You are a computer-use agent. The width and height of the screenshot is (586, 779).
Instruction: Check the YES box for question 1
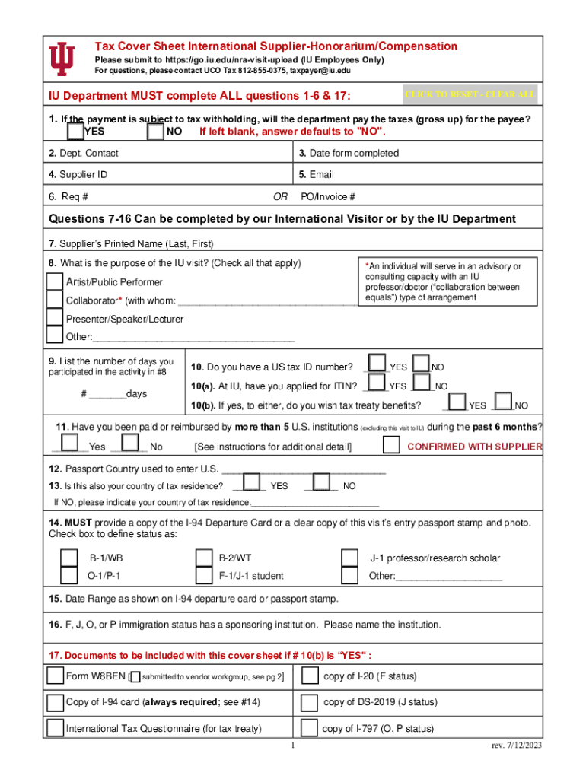click(x=75, y=132)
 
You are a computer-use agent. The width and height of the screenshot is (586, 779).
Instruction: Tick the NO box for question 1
click(x=155, y=132)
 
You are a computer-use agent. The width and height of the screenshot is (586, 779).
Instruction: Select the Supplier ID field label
click(x=78, y=174)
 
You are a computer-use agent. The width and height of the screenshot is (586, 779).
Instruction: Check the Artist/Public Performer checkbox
click(x=55, y=281)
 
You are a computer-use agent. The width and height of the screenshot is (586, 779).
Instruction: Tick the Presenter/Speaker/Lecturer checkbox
click(x=55, y=317)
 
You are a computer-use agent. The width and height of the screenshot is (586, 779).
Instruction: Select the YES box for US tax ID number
click(x=377, y=364)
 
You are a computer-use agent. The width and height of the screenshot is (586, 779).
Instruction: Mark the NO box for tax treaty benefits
click(x=504, y=401)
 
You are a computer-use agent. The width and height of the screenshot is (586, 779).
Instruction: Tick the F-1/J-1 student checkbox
click(x=203, y=576)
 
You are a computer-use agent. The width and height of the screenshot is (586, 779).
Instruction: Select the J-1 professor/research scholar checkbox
click(x=350, y=558)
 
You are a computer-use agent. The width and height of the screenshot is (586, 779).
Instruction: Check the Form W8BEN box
click(x=55, y=676)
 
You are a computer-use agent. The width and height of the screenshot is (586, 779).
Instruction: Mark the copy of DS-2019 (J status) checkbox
click(x=310, y=701)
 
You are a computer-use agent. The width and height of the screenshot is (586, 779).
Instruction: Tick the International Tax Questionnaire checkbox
click(x=55, y=728)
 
